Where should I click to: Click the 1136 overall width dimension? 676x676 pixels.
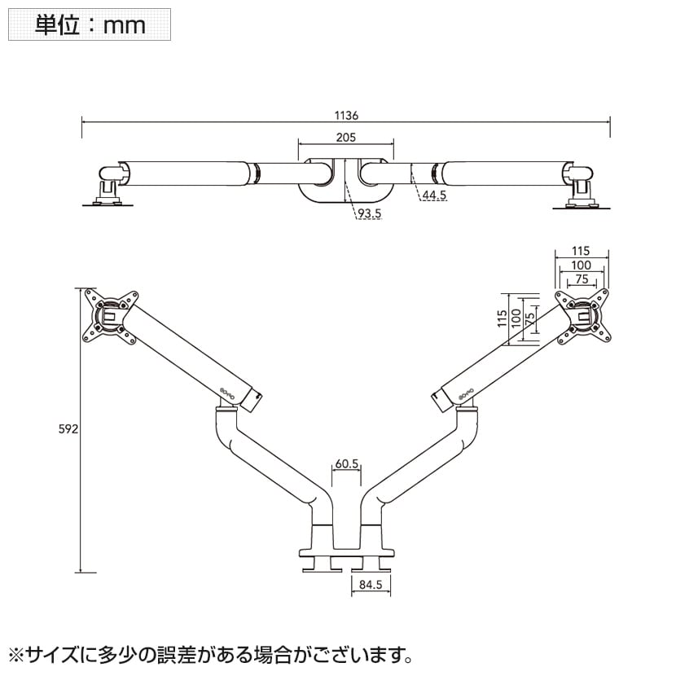[x=346, y=115]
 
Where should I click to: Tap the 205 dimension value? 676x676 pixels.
[x=346, y=138]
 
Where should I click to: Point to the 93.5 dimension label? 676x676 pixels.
[x=369, y=213]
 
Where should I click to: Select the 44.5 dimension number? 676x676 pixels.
[x=433, y=195]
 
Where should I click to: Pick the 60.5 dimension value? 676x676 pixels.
[x=346, y=464]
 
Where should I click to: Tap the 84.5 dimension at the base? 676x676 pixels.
[x=371, y=583]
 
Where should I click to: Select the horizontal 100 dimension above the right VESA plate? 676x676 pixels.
[x=581, y=266]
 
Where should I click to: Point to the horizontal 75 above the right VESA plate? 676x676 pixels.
[x=581, y=279]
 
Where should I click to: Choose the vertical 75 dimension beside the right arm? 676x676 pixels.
[x=529, y=318]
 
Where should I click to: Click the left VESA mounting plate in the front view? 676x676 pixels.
[x=109, y=314]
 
